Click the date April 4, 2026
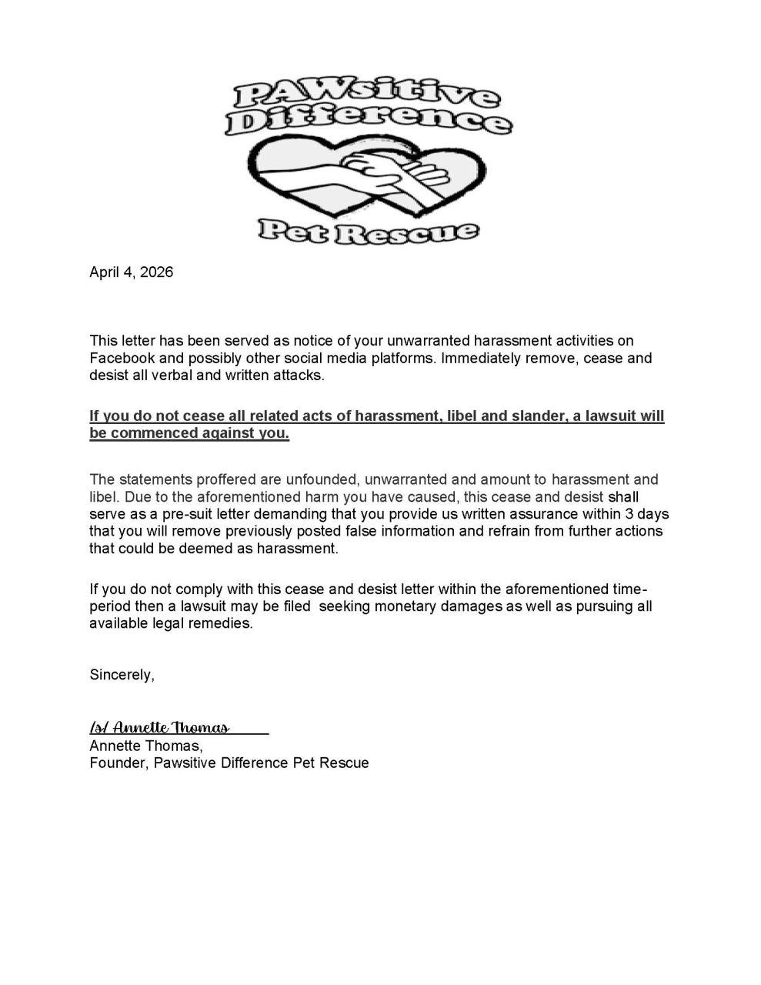[x=131, y=272]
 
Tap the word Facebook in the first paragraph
[x=122, y=359]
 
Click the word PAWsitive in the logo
[x=365, y=97]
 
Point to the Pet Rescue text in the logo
[x=368, y=230]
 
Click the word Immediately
[x=481, y=359]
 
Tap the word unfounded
[x=319, y=479]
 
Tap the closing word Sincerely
[x=122, y=675]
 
